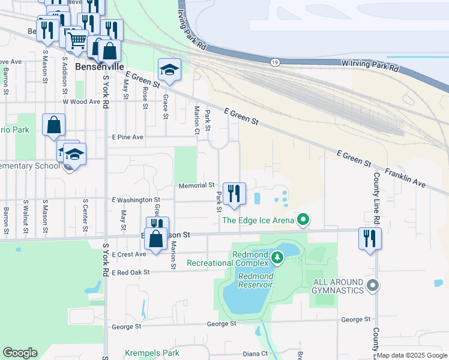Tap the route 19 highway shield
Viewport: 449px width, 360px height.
coord(275,62)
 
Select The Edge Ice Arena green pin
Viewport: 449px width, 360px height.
coord(303,220)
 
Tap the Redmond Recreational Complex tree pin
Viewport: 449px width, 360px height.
coord(277,259)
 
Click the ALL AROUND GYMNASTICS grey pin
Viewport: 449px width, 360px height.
coord(373,286)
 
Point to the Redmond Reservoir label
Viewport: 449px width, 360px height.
coord(256,280)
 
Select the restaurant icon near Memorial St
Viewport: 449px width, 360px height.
coord(234,193)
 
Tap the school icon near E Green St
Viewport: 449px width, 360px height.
coord(169,70)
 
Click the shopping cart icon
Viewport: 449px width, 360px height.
coord(77,40)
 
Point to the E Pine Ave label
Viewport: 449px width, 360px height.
coord(128,137)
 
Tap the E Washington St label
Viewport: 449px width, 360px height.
coord(136,199)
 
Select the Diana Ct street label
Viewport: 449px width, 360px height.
coord(255,354)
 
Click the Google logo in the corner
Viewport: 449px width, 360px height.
coord(20,353)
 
